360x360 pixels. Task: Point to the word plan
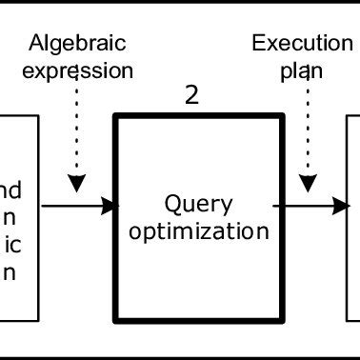303,70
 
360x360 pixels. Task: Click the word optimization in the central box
199,231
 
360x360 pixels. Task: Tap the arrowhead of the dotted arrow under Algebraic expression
76,181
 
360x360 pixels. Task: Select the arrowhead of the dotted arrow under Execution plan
307,181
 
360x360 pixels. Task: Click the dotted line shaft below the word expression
76,129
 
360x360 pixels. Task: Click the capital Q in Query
172,204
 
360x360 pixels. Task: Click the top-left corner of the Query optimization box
116,117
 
